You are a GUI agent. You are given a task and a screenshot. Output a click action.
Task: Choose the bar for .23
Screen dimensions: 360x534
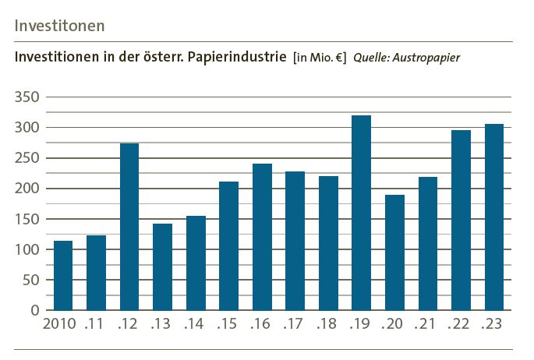(x=494, y=217)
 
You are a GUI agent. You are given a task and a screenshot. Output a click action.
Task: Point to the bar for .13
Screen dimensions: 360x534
(x=162, y=266)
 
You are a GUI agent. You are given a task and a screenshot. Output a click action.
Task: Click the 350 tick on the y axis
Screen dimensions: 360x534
(x=27, y=97)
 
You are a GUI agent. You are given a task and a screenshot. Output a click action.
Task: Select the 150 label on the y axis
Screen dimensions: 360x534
(x=27, y=219)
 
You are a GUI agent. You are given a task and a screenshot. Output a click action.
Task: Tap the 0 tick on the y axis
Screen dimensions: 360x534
(x=35, y=310)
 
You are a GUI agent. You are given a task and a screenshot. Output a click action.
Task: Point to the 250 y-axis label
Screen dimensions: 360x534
(x=27, y=158)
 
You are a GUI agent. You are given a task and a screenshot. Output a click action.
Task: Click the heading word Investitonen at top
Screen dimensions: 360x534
(x=59, y=25)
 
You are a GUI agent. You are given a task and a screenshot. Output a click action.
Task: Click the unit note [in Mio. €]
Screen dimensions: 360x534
(x=320, y=58)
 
